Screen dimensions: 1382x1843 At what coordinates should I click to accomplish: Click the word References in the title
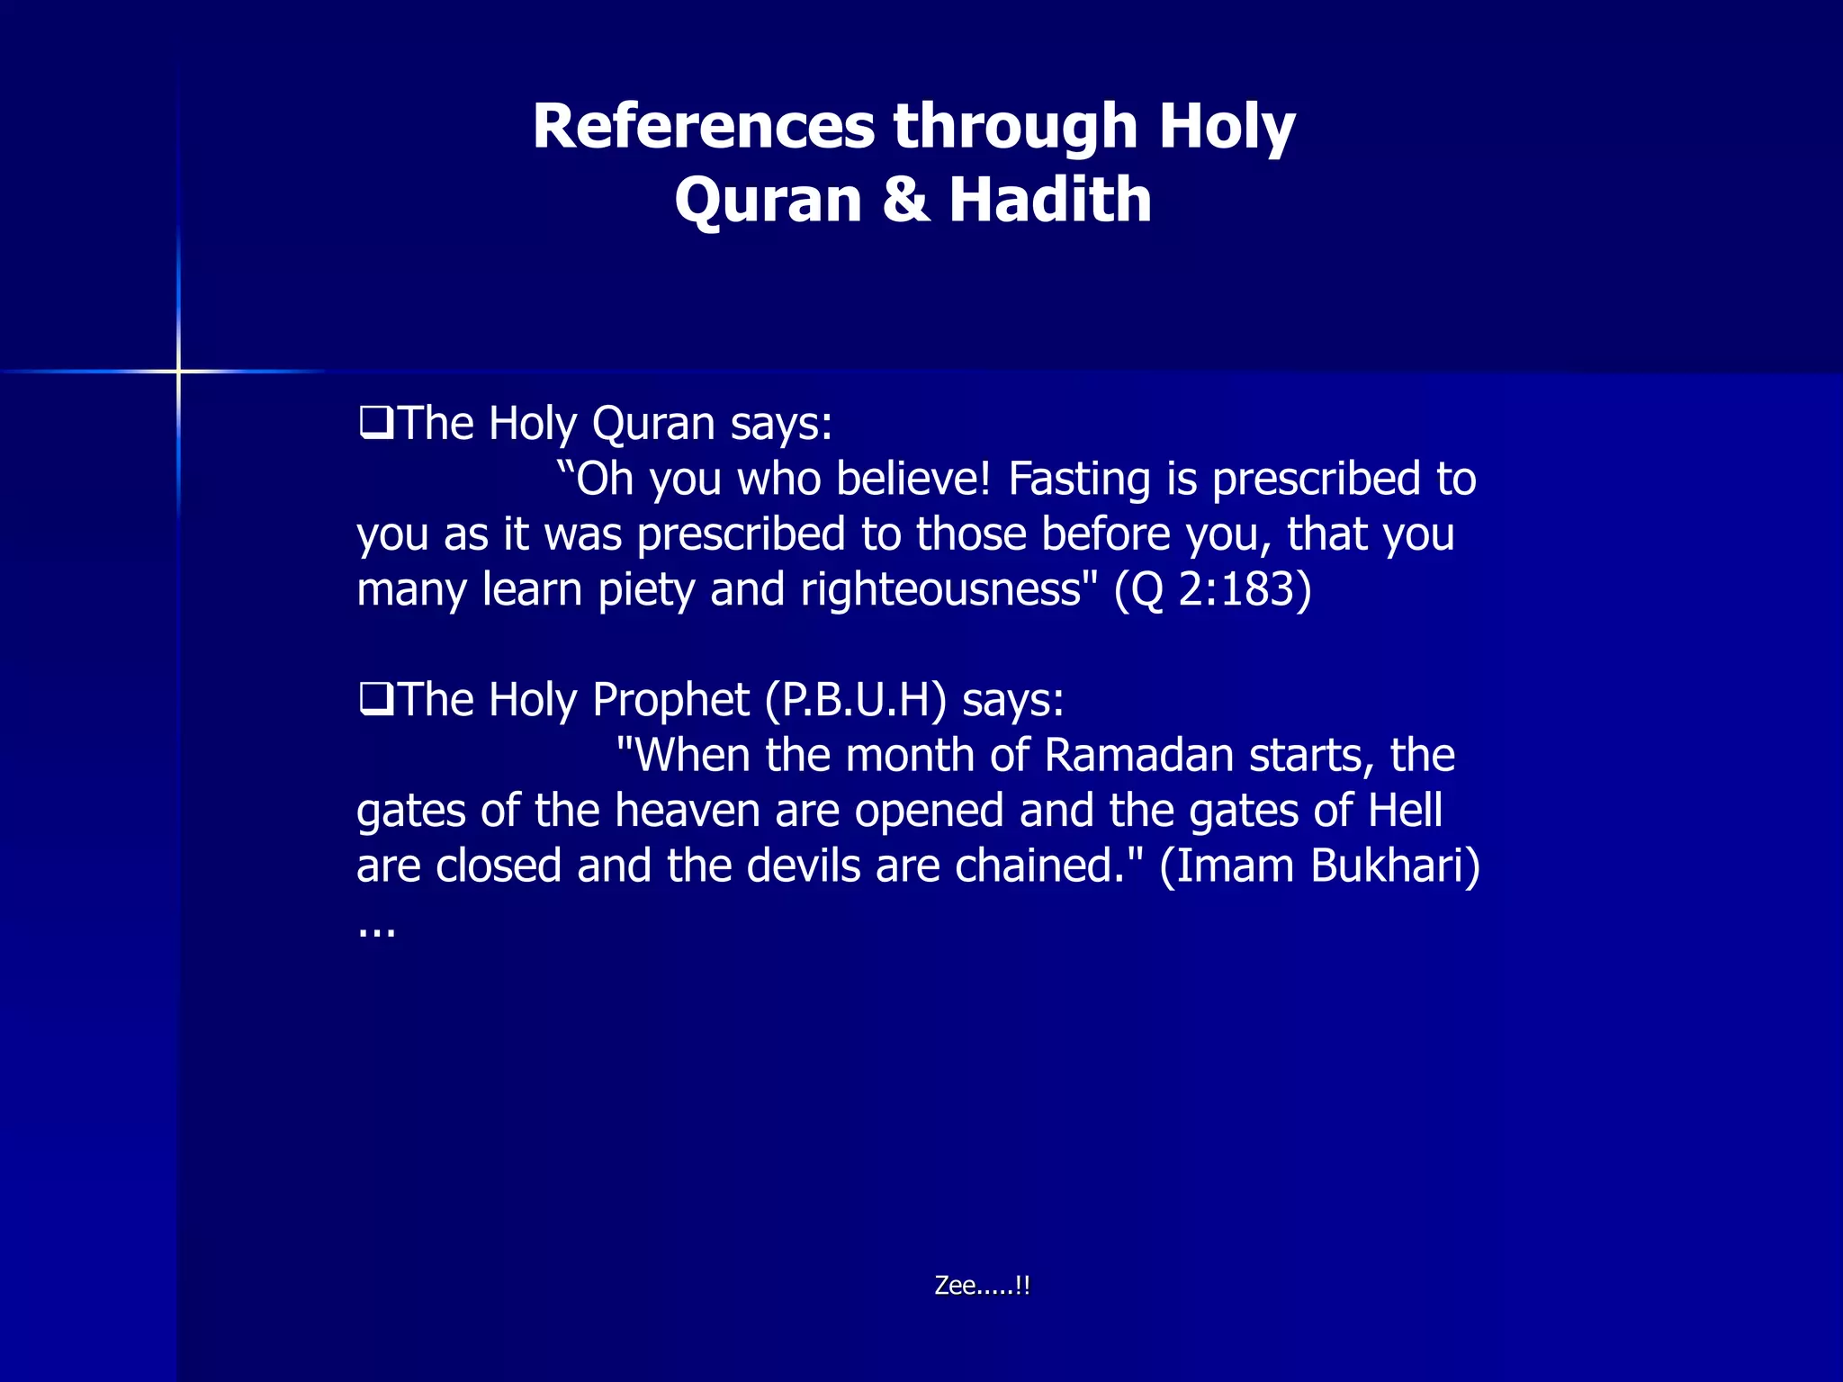coord(703,126)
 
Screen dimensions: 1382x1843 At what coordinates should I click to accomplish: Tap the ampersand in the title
coord(905,200)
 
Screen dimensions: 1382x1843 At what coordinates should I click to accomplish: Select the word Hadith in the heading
coord(1050,200)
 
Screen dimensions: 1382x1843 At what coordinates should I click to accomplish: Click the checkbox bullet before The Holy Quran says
coord(374,422)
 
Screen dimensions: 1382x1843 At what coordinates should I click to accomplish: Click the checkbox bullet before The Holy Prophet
coord(374,698)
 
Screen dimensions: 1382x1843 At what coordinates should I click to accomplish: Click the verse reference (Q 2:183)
coord(1213,590)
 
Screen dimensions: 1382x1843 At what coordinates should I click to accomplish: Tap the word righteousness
coord(939,590)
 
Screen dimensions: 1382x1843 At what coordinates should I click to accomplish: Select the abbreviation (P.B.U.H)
coord(855,700)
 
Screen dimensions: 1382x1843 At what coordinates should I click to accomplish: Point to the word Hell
coord(1405,810)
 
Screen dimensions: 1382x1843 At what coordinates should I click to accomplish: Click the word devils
coord(804,866)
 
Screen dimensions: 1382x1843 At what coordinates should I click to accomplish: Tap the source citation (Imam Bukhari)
coord(1319,866)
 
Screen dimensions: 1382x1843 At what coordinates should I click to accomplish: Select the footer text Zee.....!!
coord(982,1285)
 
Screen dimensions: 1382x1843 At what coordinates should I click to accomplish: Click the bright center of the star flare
coord(178,371)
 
